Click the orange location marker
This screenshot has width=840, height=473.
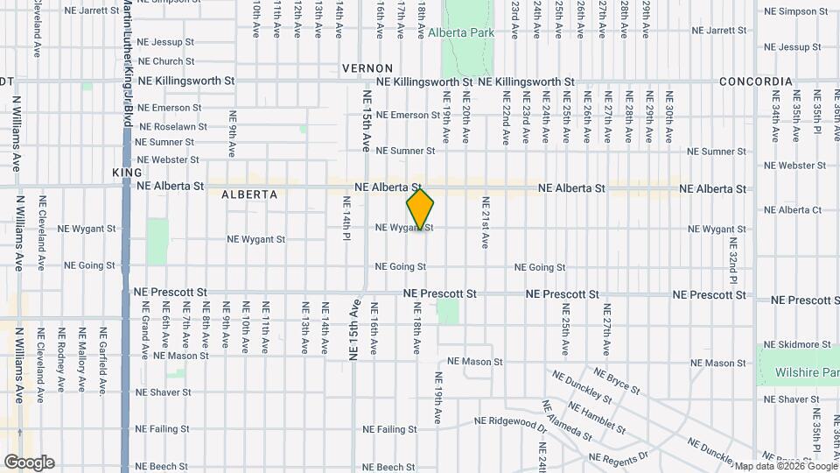pos(421,209)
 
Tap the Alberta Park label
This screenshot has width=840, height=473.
pos(461,33)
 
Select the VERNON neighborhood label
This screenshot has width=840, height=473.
pos(365,67)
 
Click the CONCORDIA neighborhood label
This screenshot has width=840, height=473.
pos(756,81)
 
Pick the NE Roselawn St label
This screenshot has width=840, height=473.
pos(166,127)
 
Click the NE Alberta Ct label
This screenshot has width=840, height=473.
pos(793,210)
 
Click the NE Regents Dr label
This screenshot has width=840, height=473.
pos(619,457)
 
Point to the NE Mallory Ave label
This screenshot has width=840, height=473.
pos(82,359)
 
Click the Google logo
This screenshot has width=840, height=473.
pos(29,462)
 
